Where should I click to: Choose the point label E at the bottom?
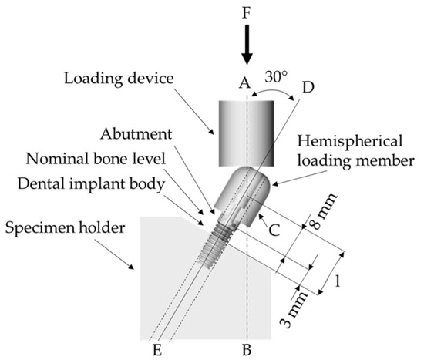click(157, 349)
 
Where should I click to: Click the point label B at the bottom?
click(246, 349)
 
